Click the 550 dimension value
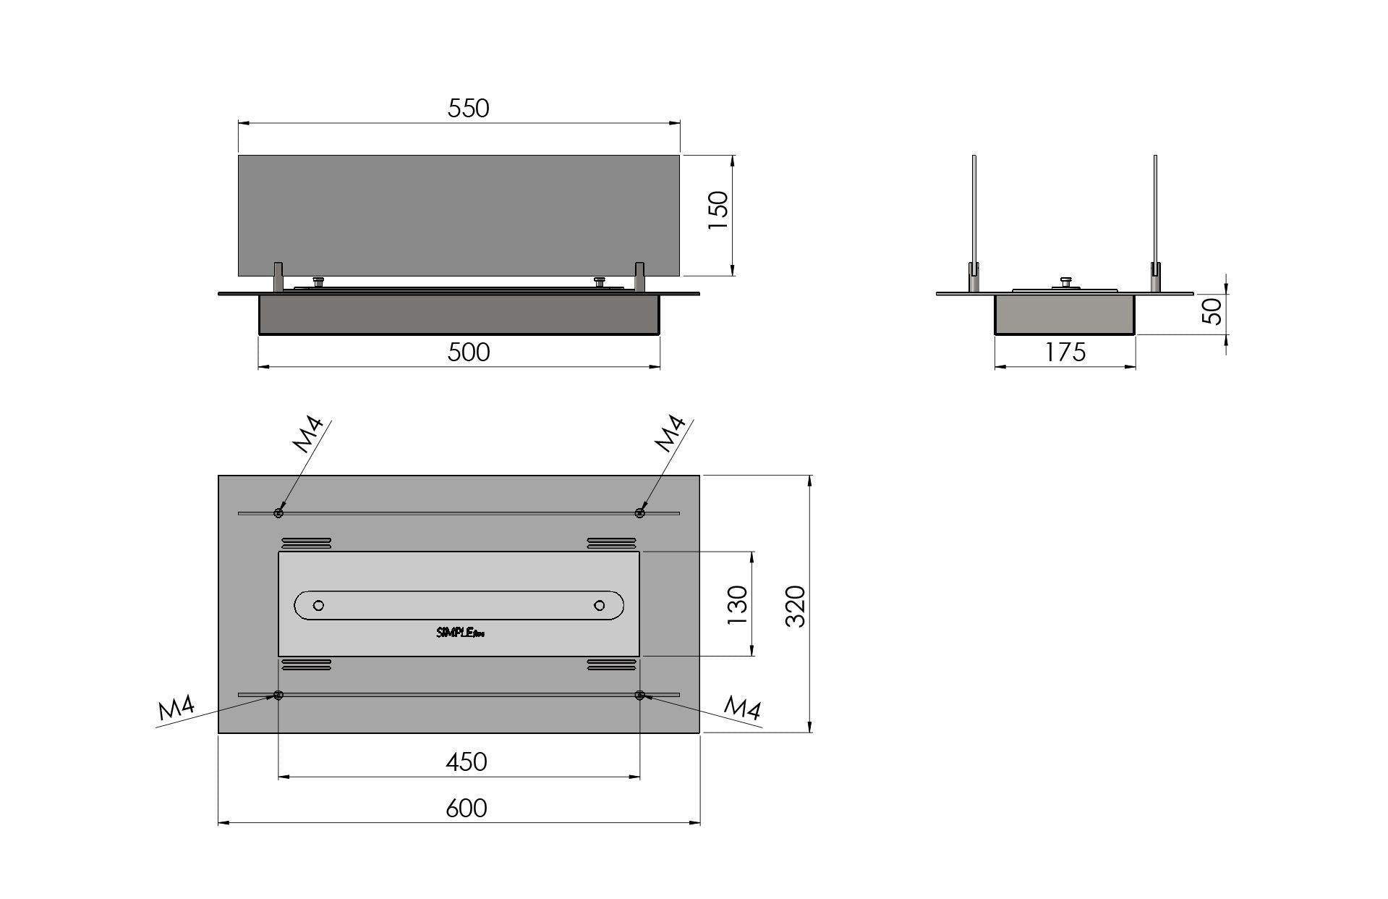[x=468, y=109]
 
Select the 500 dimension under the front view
[x=468, y=353]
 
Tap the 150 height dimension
[x=718, y=211]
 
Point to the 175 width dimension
[x=1065, y=353]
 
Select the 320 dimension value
[x=795, y=606]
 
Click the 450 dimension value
[x=467, y=762]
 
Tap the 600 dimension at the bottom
[x=467, y=808]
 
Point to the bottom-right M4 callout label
[x=742, y=707]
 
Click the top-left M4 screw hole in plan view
[x=278, y=513]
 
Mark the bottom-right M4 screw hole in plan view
[x=639, y=695]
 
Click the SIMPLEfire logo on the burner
[x=460, y=633]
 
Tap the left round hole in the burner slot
[x=318, y=605]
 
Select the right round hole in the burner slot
[x=599, y=605]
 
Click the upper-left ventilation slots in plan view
[x=306, y=543]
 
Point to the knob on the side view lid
[x=1065, y=282]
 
